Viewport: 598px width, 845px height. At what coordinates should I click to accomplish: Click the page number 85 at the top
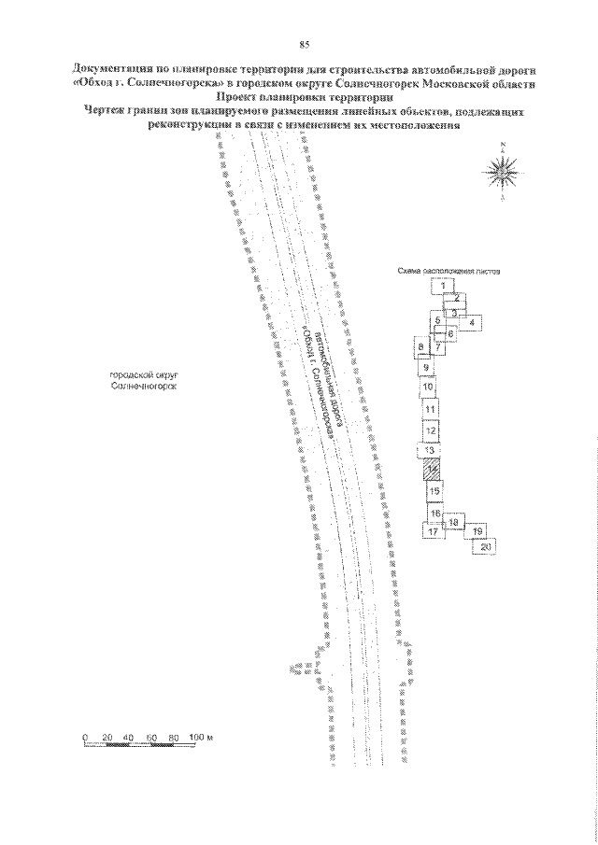pyautogui.click(x=305, y=44)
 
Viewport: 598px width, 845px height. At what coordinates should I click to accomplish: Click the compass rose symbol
pyautogui.click(x=503, y=173)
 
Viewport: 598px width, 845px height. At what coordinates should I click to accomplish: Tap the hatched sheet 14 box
pyautogui.click(x=432, y=470)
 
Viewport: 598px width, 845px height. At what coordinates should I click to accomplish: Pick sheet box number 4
pyautogui.click(x=473, y=322)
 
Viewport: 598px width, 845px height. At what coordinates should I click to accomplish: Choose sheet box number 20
pyautogui.click(x=485, y=546)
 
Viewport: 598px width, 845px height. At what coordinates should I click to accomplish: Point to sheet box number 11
pyautogui.click(x=430, y=409)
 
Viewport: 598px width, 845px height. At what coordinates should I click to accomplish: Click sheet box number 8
pyautogui.click(x=421, y=348)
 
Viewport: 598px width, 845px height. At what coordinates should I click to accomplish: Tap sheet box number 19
pyautogui.click(x=477, y=531)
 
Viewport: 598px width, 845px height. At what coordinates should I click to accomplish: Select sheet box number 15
pyautogui.click(x=434, y=490)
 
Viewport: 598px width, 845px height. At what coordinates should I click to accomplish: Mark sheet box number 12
pyautogui.click(x=431, y=431)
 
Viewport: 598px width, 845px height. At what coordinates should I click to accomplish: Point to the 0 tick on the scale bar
pyautogui.click(x=85, y=738)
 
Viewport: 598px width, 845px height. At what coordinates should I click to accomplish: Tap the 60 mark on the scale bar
pyautogui.click(x=152, y=738)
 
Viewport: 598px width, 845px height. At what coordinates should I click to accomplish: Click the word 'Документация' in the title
pyautogui.click(x=112, y=70)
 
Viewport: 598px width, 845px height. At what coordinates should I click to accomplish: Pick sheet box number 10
pyautogui.click(x=428, y=387)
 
